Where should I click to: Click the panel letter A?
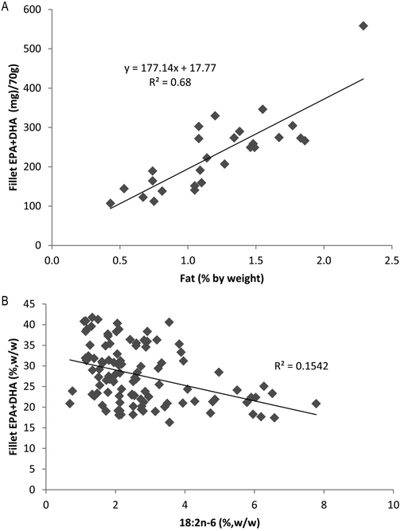[6, 6]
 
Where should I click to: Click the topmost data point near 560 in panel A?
[364, 25]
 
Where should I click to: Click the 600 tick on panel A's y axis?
[36, 10]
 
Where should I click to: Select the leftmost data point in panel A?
[111, 203]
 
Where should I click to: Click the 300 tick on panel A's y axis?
[36, 127]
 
